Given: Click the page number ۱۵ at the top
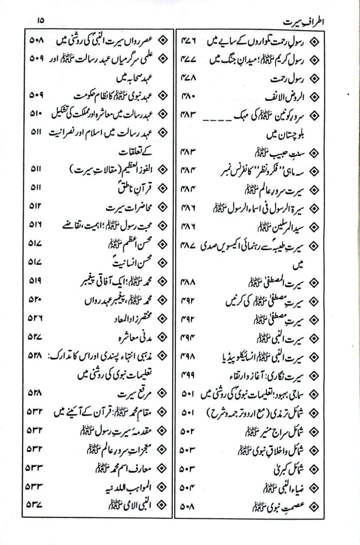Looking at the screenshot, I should click(x=40, y=20).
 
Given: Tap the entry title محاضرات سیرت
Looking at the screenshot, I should click(x=126, y=208).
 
